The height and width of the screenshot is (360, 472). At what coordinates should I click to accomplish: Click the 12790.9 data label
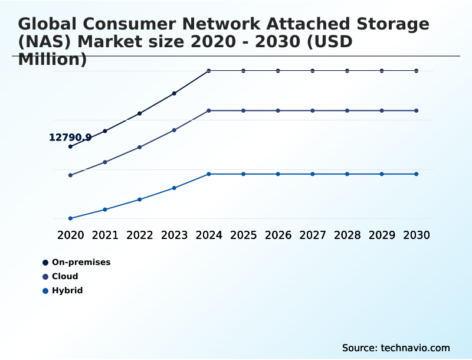click(70, 138)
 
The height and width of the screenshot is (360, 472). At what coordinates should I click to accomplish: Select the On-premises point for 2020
click(70, 146)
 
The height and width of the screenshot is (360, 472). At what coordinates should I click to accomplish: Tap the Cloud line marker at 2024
click(209, 110)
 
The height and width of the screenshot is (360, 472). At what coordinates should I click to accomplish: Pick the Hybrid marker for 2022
click(140, 199)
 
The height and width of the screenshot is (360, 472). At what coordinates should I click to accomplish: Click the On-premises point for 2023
click(174, 93)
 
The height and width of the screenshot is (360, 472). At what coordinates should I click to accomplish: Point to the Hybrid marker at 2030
click(417, 174)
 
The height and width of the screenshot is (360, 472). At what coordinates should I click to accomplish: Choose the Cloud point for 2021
click(105, 162)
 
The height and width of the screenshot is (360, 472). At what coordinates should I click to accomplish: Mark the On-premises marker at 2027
click(313, 71)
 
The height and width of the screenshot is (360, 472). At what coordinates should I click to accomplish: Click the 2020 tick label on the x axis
click(71, 235)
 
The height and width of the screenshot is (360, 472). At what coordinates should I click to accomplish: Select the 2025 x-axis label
click(244, 235)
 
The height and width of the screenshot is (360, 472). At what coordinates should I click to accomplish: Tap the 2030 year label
click(417, 235)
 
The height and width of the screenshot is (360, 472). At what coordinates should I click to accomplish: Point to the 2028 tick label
click(348, 235)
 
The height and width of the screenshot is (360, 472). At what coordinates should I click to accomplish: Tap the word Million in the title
click(53, 59)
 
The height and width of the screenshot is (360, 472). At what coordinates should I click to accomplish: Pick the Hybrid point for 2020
click(70, 218)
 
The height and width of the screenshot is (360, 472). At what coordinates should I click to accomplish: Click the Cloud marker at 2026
click(278, 110)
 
